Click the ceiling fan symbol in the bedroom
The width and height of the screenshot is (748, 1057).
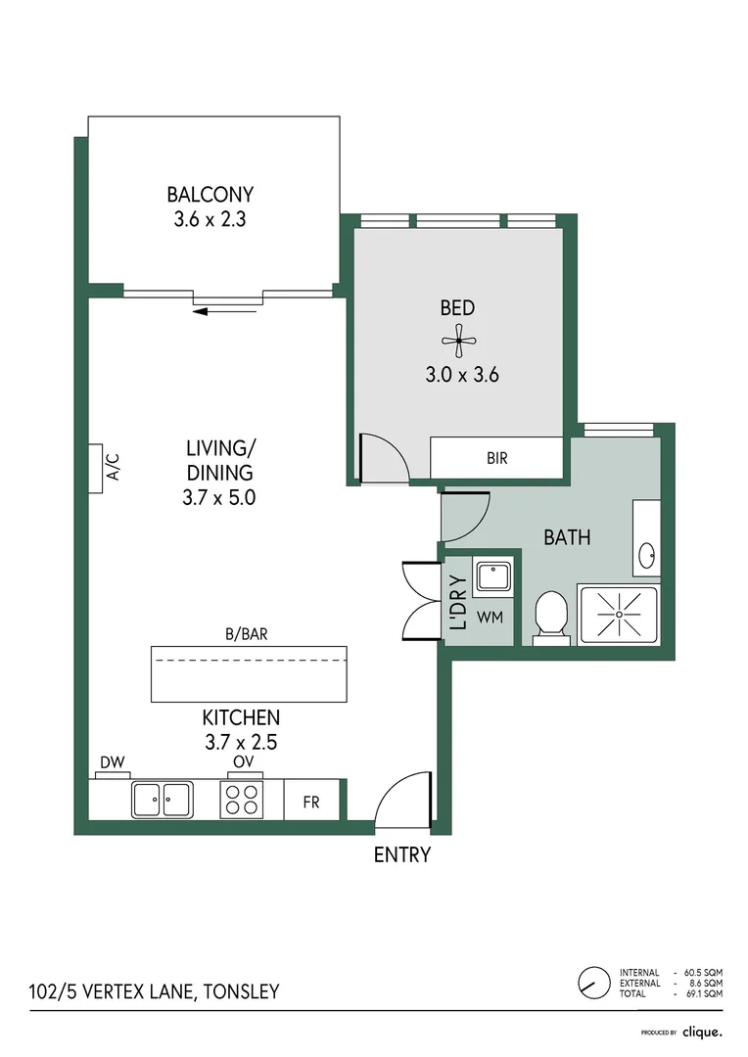coord(458,341)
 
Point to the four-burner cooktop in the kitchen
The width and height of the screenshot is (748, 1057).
coord(242,800)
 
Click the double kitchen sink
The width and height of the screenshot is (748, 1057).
coord(162,800)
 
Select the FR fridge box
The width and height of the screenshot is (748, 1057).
coord(311,801)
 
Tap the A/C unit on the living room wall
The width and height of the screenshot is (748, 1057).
coord(96,469)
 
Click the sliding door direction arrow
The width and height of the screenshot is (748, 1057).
coord(224,311)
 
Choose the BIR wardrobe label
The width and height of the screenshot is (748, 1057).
coord(497,458)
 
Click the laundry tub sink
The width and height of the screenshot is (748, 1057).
coord(493,577)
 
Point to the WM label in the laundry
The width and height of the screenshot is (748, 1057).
coord(491,617)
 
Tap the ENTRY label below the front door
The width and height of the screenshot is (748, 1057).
coord(402,854)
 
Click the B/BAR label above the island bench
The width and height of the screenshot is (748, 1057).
coord(246,634)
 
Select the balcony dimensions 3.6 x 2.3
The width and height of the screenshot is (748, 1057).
coord(210,220)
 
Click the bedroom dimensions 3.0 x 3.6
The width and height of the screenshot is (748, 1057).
coord(462,375)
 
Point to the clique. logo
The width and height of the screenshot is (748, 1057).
coord(703,1033)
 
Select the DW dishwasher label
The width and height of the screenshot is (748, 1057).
coord(113,763)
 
